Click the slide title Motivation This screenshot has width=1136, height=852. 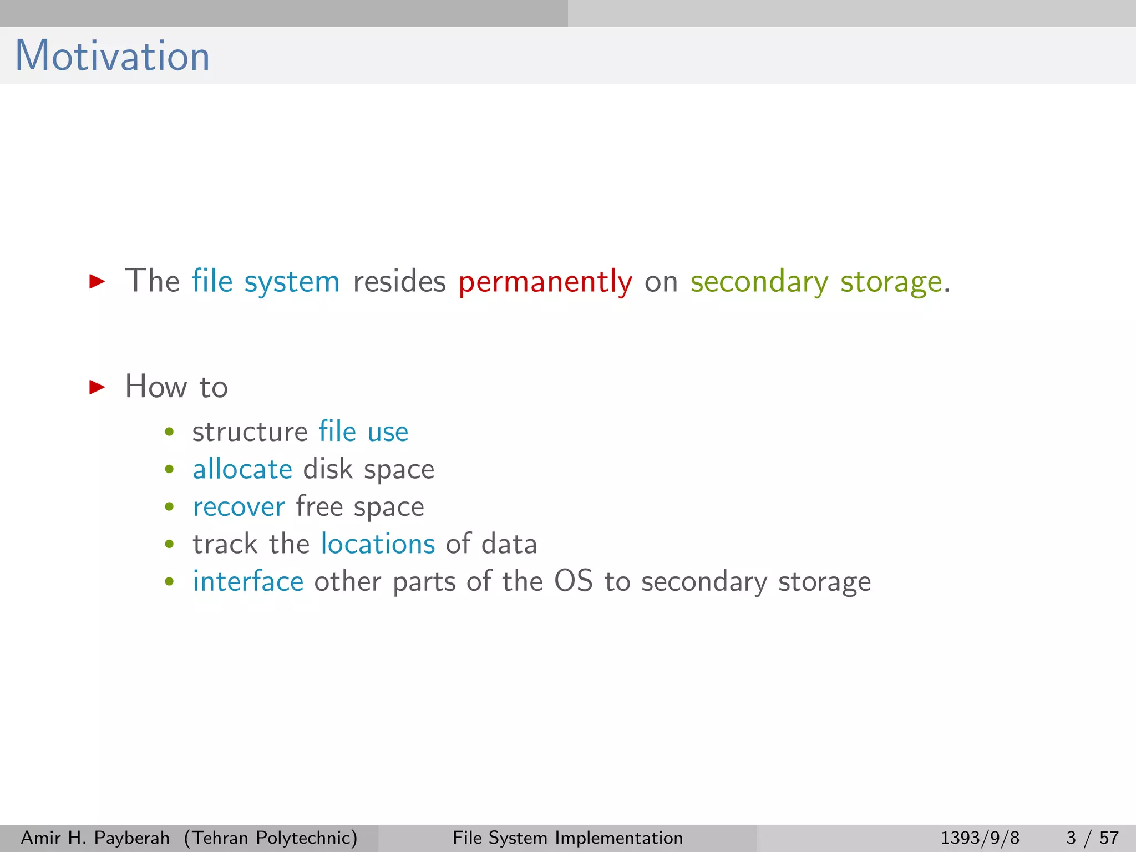tap(113, 56)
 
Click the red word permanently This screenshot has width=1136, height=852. tap(545, 281)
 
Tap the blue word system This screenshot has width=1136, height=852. tap(292, 281)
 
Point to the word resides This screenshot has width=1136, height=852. tap(399, 281)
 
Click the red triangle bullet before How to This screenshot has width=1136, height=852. tap(97, 387)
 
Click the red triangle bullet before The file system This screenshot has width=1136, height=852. tap(97, 281)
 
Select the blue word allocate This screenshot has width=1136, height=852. tap(242, 469)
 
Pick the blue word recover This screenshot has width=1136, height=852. tap(239, 507)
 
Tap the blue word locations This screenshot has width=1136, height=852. tap(378, 544)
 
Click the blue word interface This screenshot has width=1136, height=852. tap(248, 582)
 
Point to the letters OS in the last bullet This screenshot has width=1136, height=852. tap(574, 581)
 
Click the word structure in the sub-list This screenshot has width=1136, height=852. tap(250, 432)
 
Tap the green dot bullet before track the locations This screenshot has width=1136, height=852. tap(170, 545)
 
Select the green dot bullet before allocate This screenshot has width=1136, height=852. tap(170, 470)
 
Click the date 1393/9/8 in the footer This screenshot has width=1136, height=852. tap(980, 838)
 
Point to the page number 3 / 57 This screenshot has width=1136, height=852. tap(1092, 838)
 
